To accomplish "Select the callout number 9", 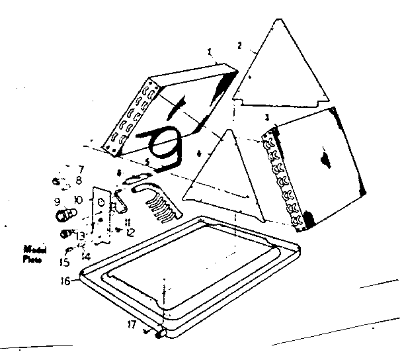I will (x=58, y=202).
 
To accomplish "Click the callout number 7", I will (x=81, y=169).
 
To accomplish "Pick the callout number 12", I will (x=131, y=232).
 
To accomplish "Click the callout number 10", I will (x=79, y=200).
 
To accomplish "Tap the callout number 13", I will (x=79, y=236).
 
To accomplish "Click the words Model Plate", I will (x=32, y=254).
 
